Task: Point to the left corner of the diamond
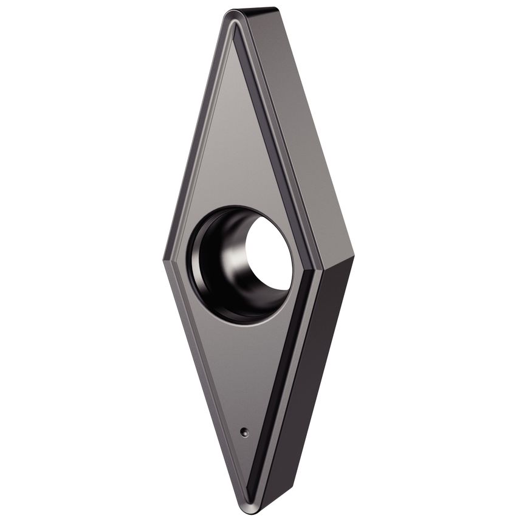165,259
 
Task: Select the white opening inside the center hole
270,254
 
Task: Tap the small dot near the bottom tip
244,432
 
